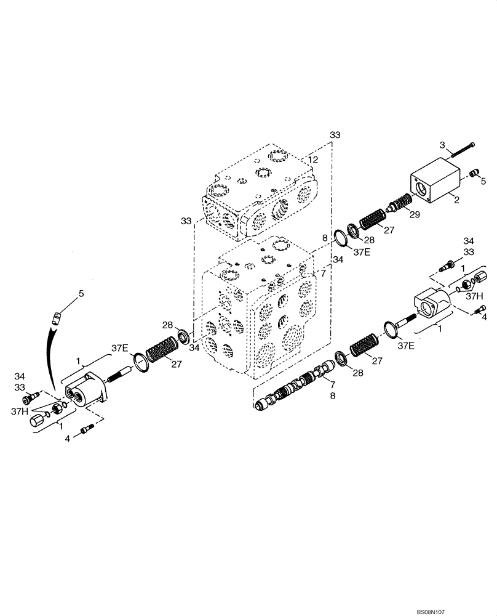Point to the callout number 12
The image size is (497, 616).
[313, 160]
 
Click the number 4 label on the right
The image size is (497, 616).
[484, 318]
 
